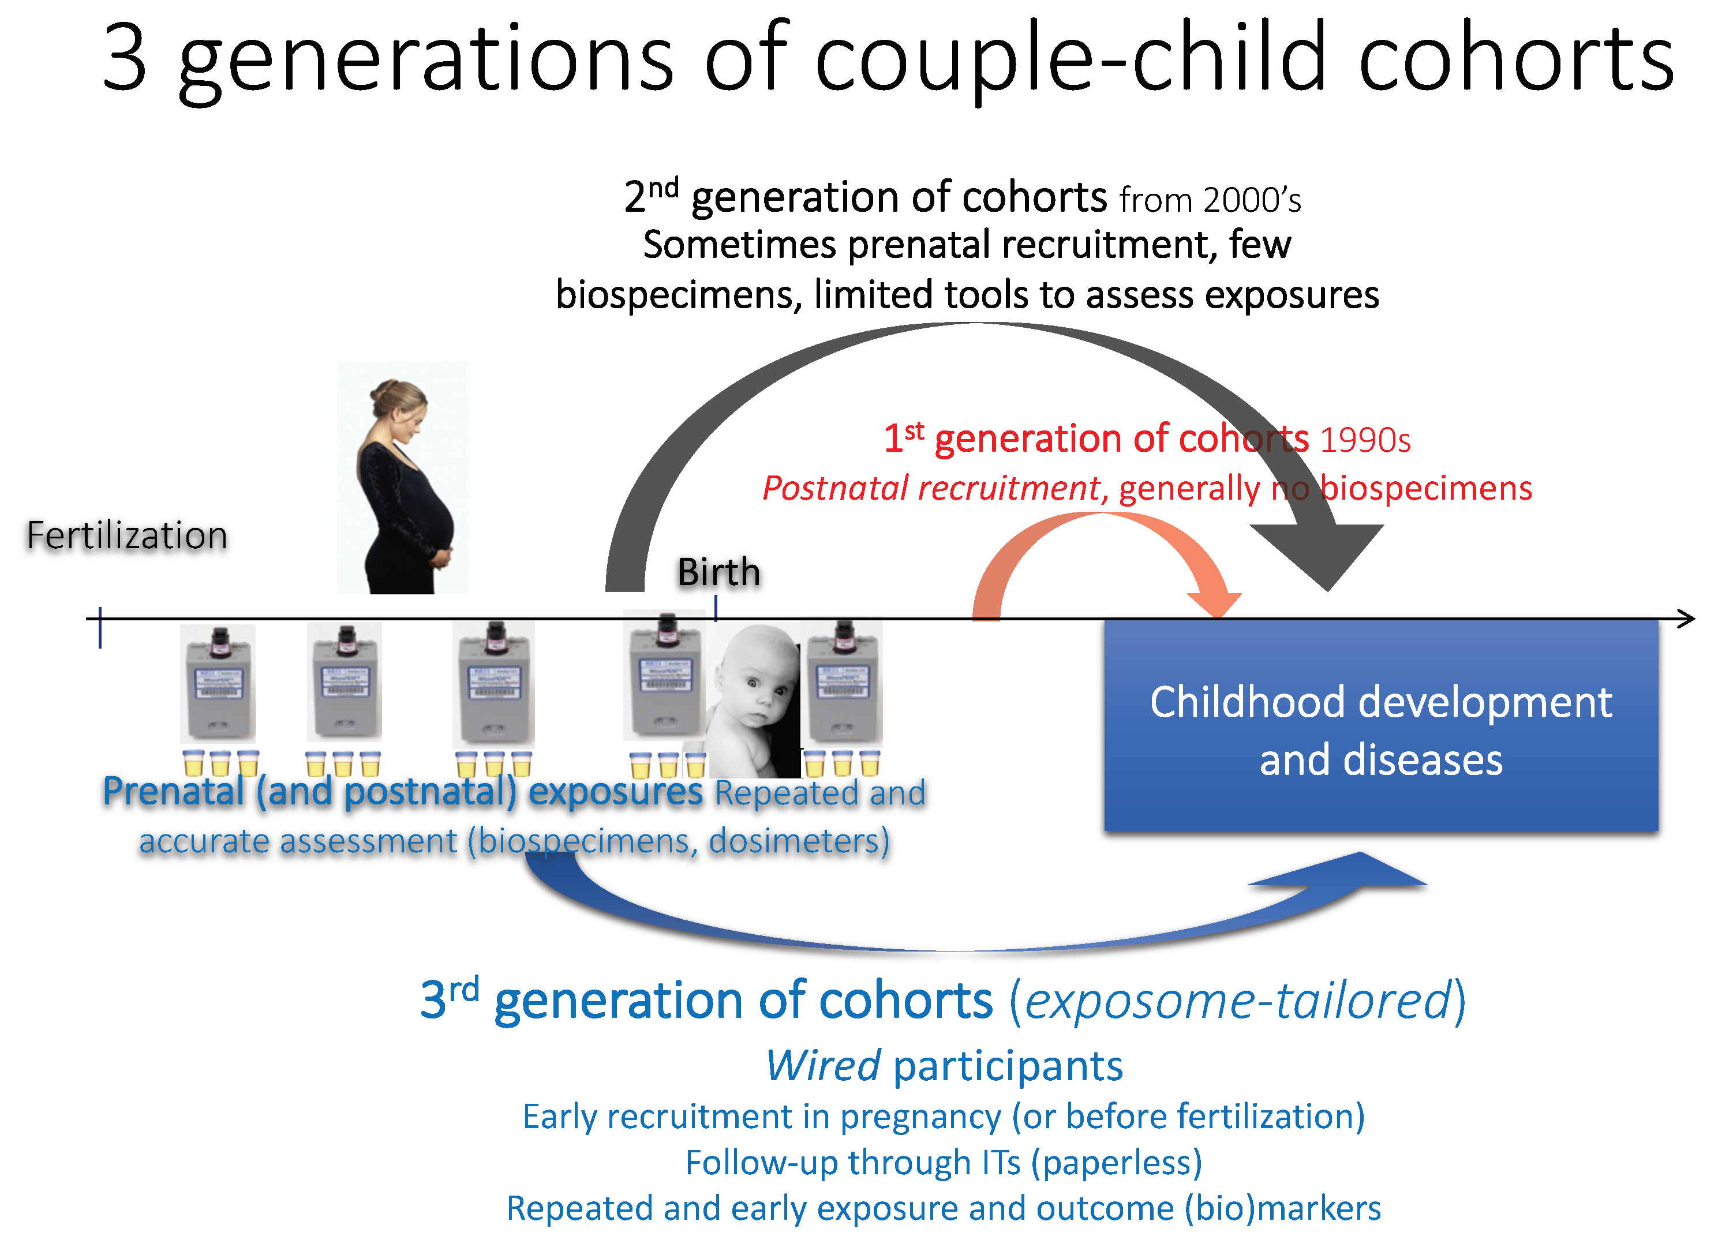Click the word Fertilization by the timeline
coord(127,535)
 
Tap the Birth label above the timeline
coord(719,572)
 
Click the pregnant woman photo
coord(403,478)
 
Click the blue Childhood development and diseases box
coord(1381,725)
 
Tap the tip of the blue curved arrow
coord(1426,884)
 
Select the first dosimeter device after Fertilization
coord(218,683)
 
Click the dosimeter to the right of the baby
coord(844,683)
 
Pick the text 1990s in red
coord(1365,440)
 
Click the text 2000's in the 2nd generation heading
coord(1252,200)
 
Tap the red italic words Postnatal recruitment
coord(932,488)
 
